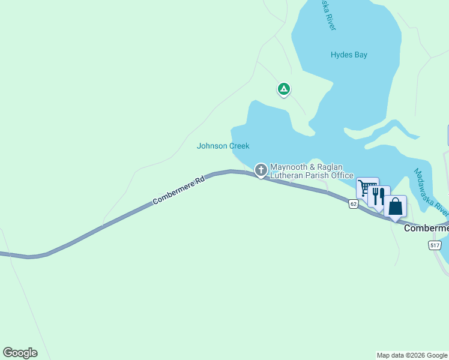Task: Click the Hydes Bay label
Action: point(349,55)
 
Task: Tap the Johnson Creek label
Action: point(223,146)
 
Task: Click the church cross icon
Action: point(261,170)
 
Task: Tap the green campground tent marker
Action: point(284,89)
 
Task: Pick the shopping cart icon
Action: point(367,188)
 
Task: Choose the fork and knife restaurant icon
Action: point(379,196)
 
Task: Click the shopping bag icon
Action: point(396,206)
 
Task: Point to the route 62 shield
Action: point(353,205)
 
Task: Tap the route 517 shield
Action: point(435,245)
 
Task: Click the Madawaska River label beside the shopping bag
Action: point(431,191)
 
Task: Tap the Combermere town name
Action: point(426,229)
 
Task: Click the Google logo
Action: point(20,353)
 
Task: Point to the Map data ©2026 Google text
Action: point(412,355)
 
